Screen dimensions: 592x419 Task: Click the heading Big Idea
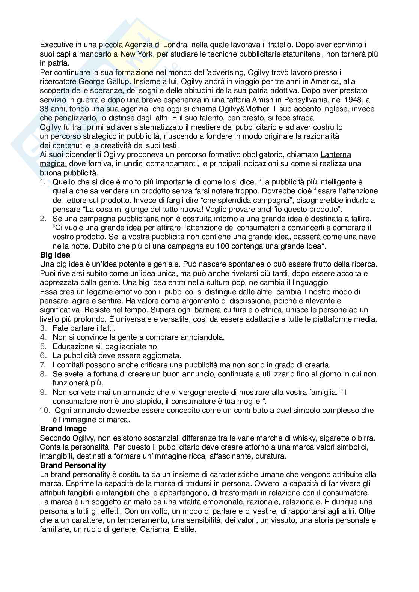[55, 255]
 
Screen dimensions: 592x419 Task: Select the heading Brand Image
[63, 428]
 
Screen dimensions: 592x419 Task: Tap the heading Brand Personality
[73, 465]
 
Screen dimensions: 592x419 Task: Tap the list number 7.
[43, 364]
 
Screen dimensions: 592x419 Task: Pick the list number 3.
[43, 328]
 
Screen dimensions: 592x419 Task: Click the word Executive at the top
[57, 45]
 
